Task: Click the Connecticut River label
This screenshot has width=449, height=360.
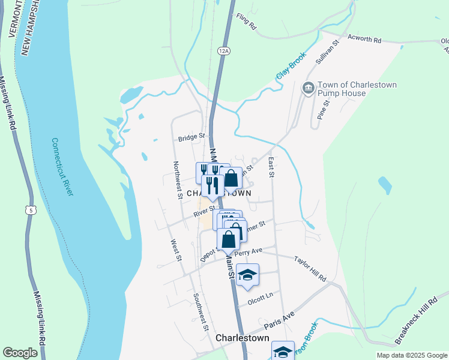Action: click(x=62, y=167)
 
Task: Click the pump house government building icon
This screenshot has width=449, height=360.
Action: click(x=308, y=89)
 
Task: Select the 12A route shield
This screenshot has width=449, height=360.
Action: click(x=224, y=51)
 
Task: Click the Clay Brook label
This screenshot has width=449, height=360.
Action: click(x=291, y=66)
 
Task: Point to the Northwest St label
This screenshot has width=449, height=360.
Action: click(x=178, y=179)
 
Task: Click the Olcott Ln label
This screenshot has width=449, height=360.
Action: click(x=261, y=296)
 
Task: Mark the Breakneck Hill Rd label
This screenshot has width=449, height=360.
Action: click(x=416, y=321)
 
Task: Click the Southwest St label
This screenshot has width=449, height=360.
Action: click(x=200, y=311)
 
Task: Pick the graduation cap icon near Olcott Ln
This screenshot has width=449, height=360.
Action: click(x=247, y=275)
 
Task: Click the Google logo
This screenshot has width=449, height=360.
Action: click(x=20, y=353)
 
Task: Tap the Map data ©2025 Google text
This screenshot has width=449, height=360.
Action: click(x=411, y=355)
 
